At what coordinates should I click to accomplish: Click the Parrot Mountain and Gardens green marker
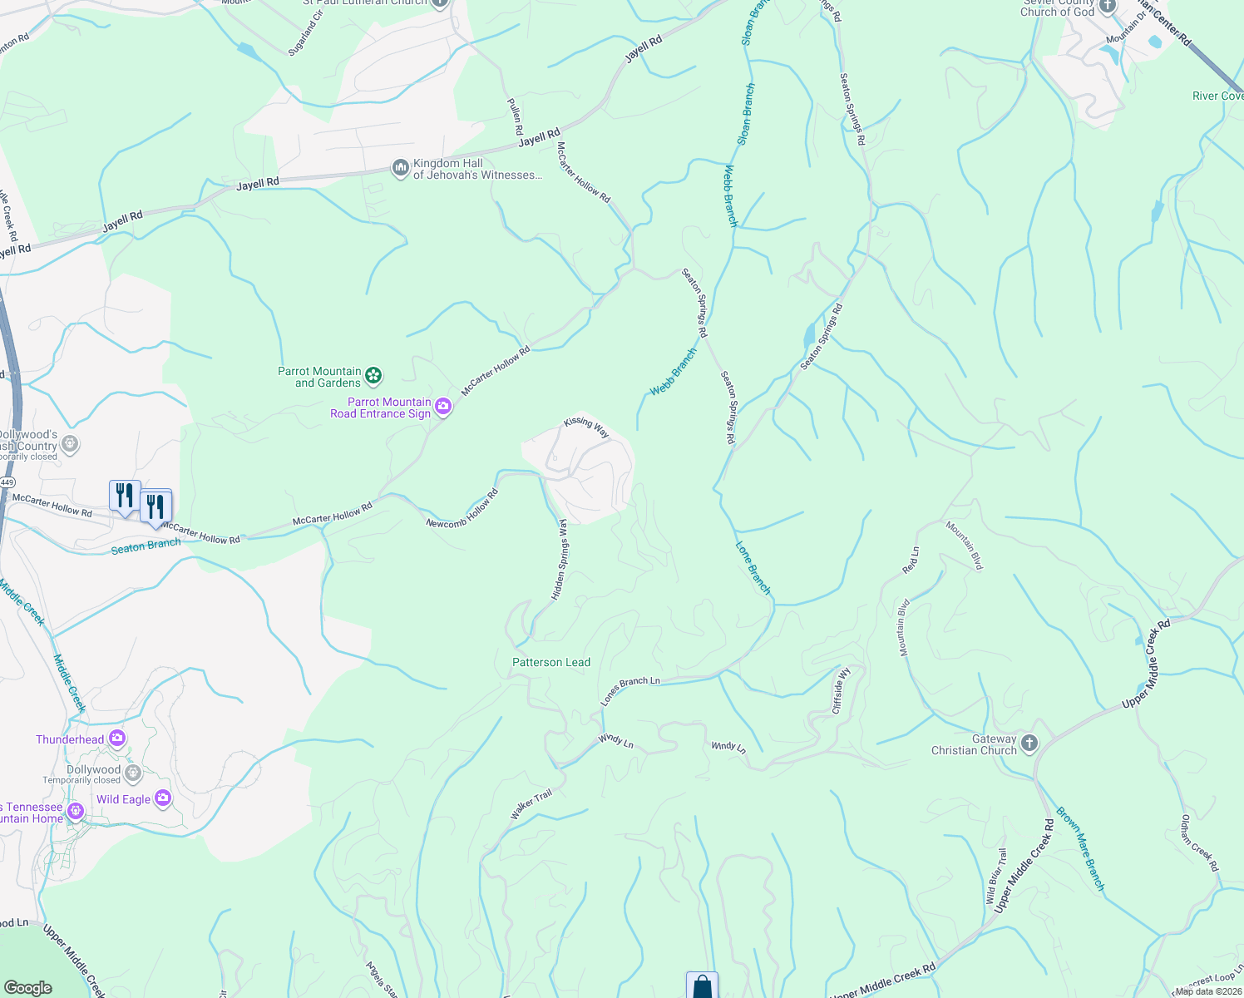pos(374,377)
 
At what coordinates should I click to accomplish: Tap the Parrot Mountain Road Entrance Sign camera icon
pos(443,407)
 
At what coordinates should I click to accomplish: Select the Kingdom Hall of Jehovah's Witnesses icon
pos(401,169)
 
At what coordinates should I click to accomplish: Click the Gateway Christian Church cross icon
pos(1029,744)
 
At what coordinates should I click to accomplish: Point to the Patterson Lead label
pos(551,663)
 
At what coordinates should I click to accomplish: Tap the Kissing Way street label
pos(586,427)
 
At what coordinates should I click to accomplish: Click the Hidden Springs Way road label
pos(560,560)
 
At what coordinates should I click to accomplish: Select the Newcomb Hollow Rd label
pos(462,509)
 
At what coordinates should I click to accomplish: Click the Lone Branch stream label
pos(753,568)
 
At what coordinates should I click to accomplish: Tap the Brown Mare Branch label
pos(1080,848)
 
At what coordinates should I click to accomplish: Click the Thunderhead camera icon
pos(117,739)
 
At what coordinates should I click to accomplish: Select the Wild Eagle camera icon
pos(162,798)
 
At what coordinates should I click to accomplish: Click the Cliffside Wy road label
pos(842,690)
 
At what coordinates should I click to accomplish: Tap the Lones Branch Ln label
pos(630,691)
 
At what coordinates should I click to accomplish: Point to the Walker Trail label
pos(531,805)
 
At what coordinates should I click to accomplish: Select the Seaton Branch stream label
pos(146,546)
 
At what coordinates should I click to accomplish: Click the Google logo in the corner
pos(27,987)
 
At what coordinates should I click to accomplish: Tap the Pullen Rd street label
pos(516,116)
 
